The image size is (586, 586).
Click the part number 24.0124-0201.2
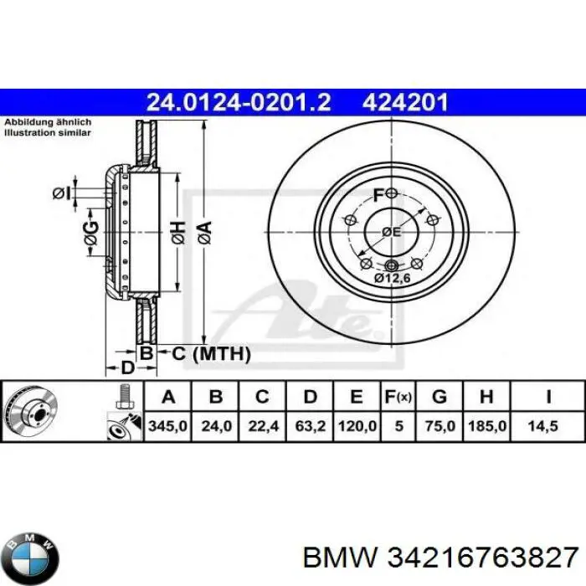(x=239, y=103)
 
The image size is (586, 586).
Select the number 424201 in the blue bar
(x=405, y=103)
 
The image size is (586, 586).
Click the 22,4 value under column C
(x=263, y=425)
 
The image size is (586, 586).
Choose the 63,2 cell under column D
(x=311, y=425)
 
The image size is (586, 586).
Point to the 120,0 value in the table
(x=357, y=425)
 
